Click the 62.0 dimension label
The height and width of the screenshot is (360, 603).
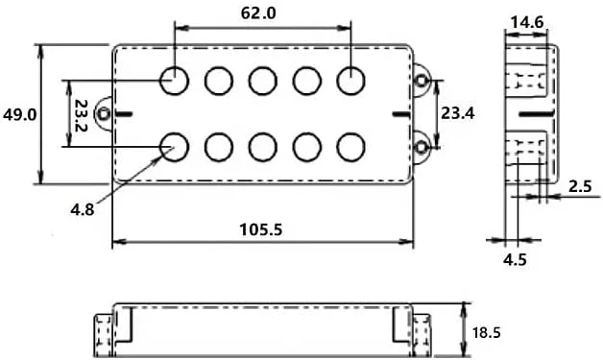coord(258,13)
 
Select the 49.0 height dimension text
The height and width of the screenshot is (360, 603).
coord(19,114)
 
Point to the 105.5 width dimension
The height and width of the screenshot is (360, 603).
coord(261,229)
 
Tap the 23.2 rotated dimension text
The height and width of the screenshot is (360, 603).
coord(81,116)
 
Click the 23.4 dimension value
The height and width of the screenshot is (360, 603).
coord(458,113)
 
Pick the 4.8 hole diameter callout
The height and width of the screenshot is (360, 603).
coord(83,209)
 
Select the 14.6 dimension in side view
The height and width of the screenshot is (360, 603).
coord(527,22)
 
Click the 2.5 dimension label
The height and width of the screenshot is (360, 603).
coord(580,186)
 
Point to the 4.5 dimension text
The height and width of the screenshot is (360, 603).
coord(515,259)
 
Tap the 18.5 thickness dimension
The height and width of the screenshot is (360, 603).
coord(487,332)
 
